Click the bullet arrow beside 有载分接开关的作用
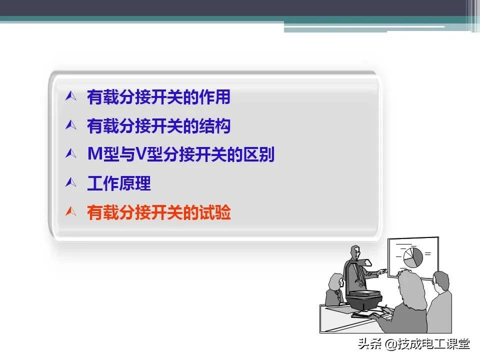(x=70, y=96)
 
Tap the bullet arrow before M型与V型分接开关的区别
(x=70, y=154)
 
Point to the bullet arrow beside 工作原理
(x=70, y=183)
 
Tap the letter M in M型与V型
(x=94, y=155)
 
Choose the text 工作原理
(x=118, y=184)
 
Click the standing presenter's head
(x=355, y=252)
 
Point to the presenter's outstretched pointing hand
(x=382, y=273)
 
